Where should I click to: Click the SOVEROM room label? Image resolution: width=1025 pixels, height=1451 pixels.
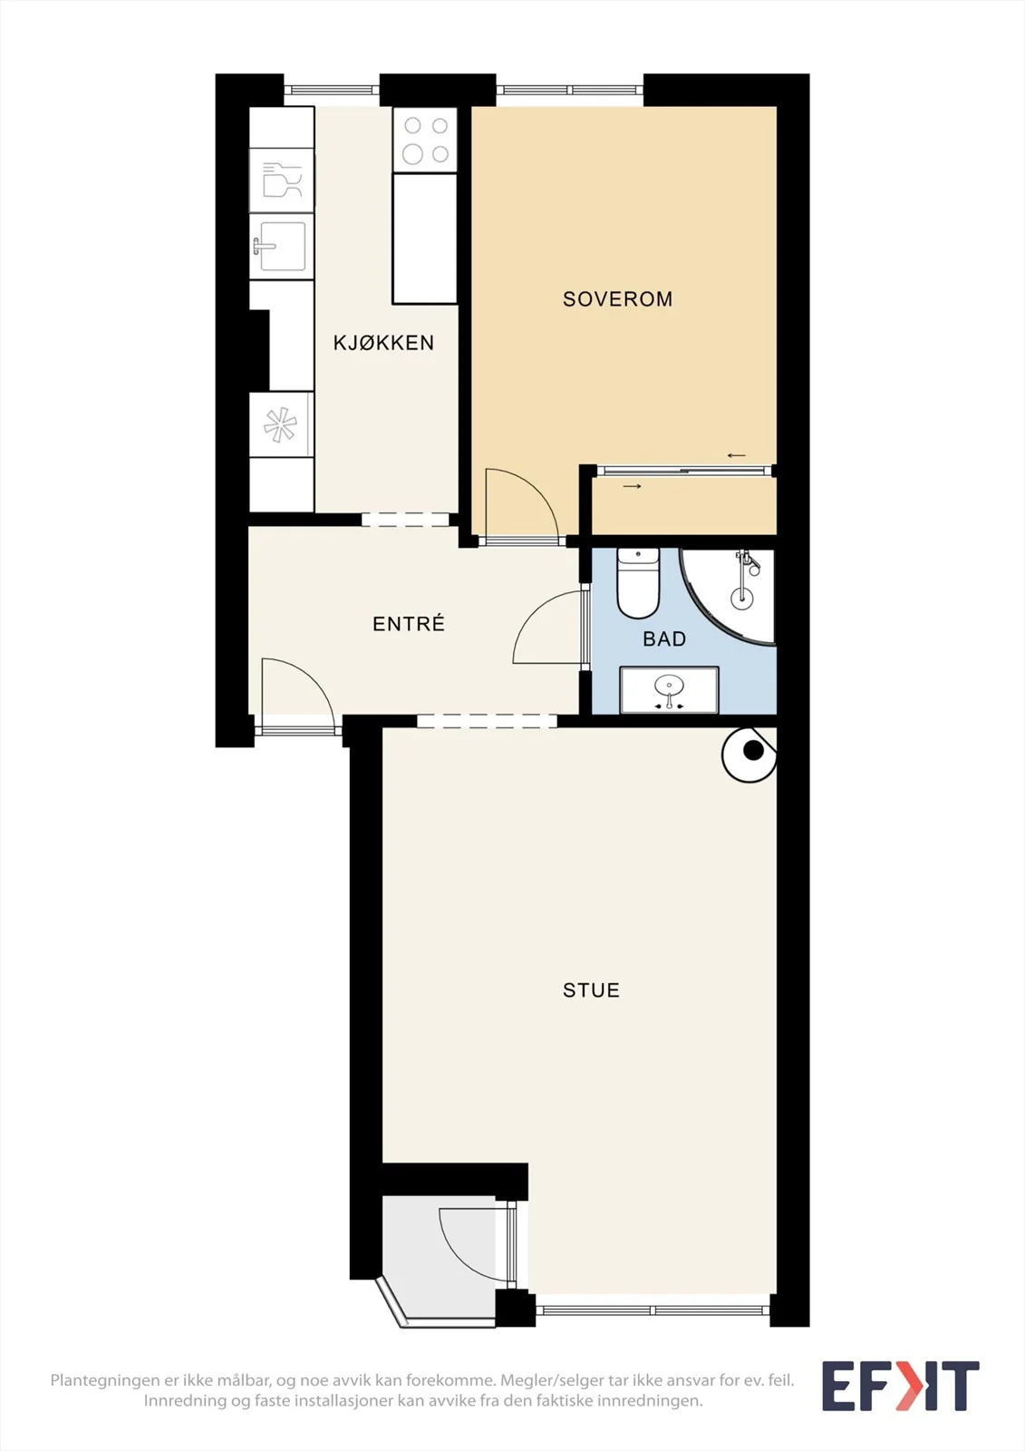click(617, 299)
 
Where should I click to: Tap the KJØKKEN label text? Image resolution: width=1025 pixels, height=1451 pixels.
click(383, 343)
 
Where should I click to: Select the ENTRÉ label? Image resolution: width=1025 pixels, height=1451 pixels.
click(409, 623)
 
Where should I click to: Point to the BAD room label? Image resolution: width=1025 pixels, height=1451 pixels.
click(664, 639)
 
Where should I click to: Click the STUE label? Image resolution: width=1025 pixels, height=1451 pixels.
click(591, 989)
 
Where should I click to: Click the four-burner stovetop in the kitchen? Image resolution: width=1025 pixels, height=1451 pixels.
click(425, 140)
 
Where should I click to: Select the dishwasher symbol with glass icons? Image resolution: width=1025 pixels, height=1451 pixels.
click(282, 180)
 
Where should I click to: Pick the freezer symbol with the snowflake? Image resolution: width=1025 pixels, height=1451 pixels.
click(281, 425)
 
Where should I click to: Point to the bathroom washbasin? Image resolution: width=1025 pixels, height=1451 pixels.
click(670, 690)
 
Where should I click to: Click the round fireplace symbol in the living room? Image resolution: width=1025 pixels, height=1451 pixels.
click(749, 754)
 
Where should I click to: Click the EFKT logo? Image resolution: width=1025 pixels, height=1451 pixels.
click(900, 1386)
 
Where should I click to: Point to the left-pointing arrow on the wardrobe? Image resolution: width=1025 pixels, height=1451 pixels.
click(736, 455)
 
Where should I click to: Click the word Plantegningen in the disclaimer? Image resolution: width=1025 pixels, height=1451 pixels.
click(102, 1380)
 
